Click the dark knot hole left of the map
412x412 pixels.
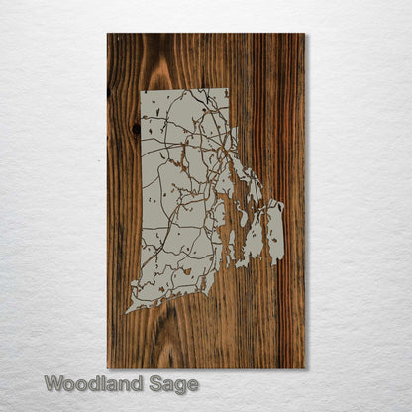[x=135, y=129]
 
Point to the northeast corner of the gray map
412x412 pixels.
[x=228, y=90]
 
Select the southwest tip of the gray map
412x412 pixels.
[x=127, y=311]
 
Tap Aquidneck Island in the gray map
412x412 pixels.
[x=256, y=238]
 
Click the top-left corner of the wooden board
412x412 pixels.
[x=108, y=34]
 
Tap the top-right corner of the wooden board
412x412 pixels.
[x=304, y=34]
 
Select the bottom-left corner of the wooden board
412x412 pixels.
[x=108, y=367]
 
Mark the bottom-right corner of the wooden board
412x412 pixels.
[x=304, y=367]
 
